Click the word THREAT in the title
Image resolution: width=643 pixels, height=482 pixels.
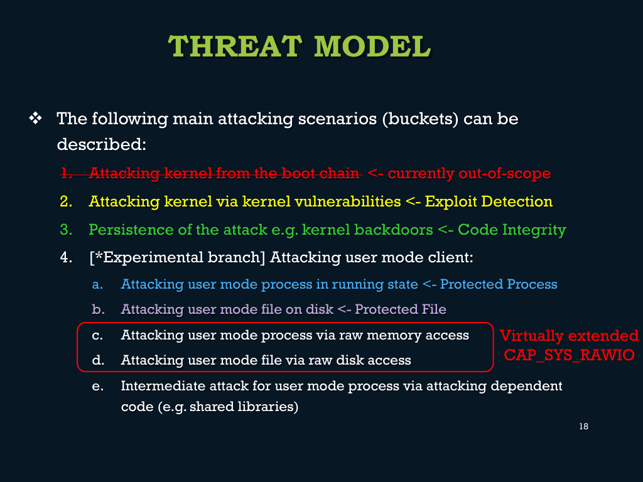[235, 46]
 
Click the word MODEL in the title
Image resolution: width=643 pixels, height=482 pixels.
[372, 46]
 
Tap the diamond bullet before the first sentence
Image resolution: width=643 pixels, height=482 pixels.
[35, 119]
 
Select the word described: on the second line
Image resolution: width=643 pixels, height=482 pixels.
[101, 144]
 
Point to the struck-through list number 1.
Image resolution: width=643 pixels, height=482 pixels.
[66, 173]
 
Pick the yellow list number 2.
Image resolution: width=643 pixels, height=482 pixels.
[66, 201]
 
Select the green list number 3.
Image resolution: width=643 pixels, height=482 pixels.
[66, 230]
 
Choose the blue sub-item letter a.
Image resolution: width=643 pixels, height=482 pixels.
[97, 284]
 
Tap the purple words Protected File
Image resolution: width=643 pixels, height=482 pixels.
[400, 309]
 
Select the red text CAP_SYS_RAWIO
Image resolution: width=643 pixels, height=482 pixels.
[569, 355]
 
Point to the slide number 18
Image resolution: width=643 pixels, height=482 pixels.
[583, 426]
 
